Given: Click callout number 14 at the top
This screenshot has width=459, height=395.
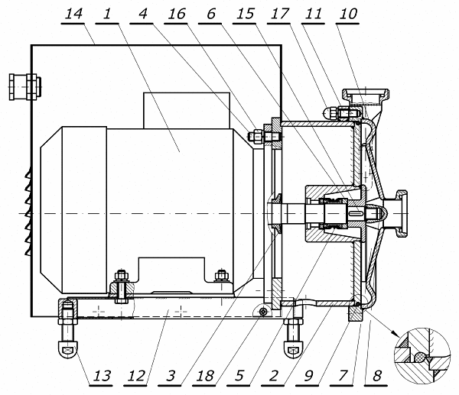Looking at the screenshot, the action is (73, 14).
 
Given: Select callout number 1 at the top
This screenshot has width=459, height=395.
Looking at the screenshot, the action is (107, 14).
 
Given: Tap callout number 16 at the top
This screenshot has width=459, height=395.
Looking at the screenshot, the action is (177, 14).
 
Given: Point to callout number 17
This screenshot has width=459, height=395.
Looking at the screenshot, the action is (279, 14).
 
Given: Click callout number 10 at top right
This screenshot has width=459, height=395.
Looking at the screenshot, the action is (348, 14).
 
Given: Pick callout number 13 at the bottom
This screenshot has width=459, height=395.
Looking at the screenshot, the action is (102, 376).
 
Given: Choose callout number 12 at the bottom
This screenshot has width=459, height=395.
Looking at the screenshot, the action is (136, 376).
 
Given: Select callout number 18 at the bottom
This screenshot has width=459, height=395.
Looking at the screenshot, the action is (205, 376).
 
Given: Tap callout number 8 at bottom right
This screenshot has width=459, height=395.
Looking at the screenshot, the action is (377, 376).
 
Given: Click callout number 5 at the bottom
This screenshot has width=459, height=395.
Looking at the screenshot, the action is (239, 376).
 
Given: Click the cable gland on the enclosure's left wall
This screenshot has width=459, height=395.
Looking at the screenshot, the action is (25, 87).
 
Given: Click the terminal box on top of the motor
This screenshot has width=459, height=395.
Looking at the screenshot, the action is (187, 111).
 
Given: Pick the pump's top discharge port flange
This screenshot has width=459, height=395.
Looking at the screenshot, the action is (366, 94).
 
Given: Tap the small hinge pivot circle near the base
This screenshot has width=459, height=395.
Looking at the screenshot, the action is (264, 312).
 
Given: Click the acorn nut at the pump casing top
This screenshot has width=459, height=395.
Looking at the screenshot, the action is (328, 113).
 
